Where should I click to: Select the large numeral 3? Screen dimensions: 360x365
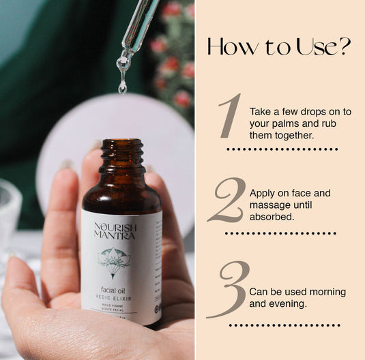(x=228, y=290)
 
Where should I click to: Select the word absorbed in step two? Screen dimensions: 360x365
(x=272, y=217)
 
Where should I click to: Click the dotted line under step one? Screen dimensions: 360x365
(x=282, y=149)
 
